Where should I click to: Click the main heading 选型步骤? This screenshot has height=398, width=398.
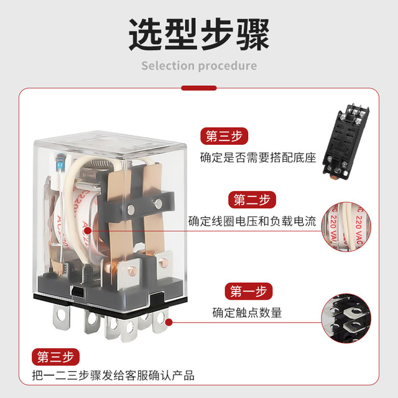pos(199,34)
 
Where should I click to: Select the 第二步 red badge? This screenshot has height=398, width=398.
pos(252,200)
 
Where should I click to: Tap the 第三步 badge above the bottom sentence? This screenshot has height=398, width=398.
pos(56,357)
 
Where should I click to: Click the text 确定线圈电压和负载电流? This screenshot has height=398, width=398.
pos(252,221)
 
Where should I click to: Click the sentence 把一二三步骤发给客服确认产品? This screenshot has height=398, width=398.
pos(115,376)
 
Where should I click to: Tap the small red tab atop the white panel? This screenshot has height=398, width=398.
pos(199,88)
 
